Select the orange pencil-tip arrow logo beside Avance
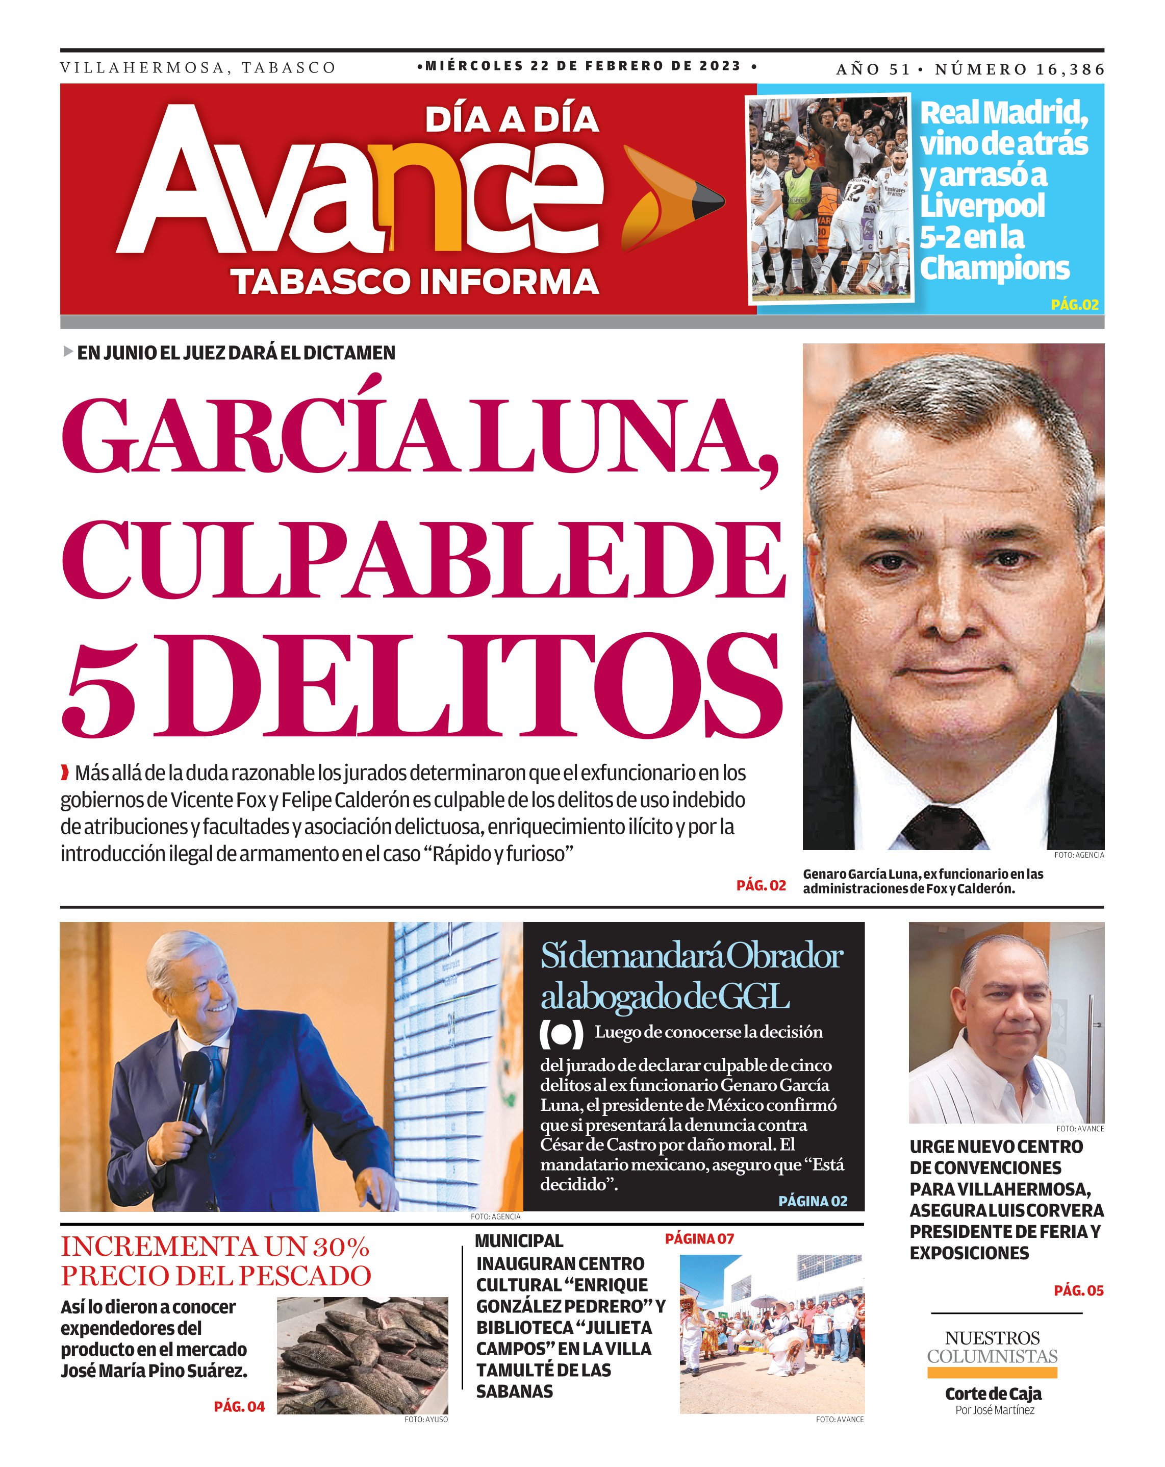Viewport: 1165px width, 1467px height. coord(670,197)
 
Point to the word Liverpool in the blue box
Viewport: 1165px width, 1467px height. coord(982,206)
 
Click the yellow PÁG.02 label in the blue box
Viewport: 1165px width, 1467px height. coord(1075,304)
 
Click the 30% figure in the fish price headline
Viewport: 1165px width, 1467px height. coord(341,1247)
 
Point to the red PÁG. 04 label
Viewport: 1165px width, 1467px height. coord(239,1406)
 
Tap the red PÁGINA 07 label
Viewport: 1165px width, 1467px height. coord(699,1238)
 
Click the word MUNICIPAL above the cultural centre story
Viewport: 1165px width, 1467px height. coord(519,1240)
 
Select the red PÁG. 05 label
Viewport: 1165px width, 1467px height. coord(1078,1290)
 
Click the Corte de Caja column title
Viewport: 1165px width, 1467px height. coord(993,1394)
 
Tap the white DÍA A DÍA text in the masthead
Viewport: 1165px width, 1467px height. coord(512,120)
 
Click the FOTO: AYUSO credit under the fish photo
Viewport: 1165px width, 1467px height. coord(426,1420)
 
